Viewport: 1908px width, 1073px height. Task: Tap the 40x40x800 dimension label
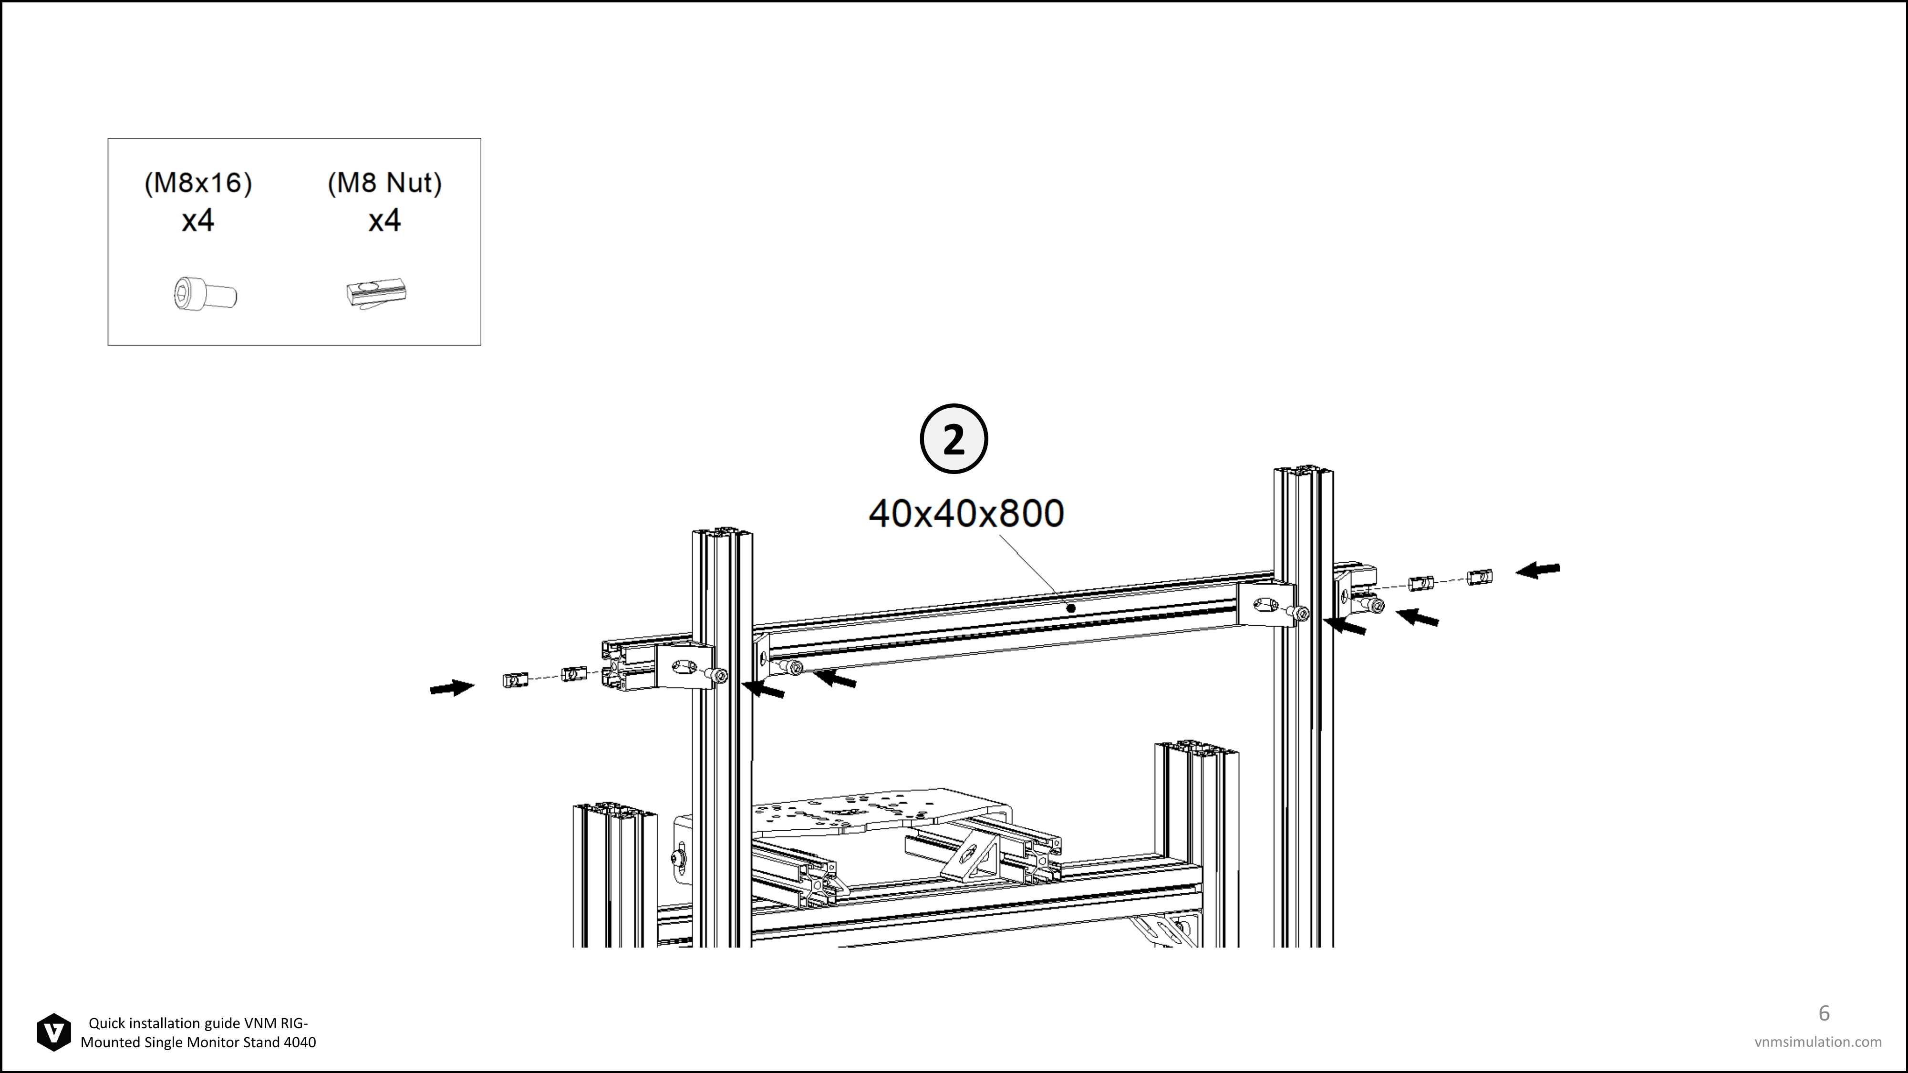coord(966,513)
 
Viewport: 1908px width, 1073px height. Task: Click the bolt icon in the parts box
coord(205,294)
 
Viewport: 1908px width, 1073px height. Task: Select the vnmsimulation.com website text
coord(1818,1042)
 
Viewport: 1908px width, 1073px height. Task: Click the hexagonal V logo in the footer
coord(54,1032)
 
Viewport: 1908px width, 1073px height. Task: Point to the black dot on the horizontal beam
coord(1070,609)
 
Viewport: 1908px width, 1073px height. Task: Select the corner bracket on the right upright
coord(1267,604)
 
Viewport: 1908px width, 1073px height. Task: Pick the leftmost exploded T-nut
coord(516,679)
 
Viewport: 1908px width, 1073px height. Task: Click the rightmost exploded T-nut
coord(1480,576)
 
